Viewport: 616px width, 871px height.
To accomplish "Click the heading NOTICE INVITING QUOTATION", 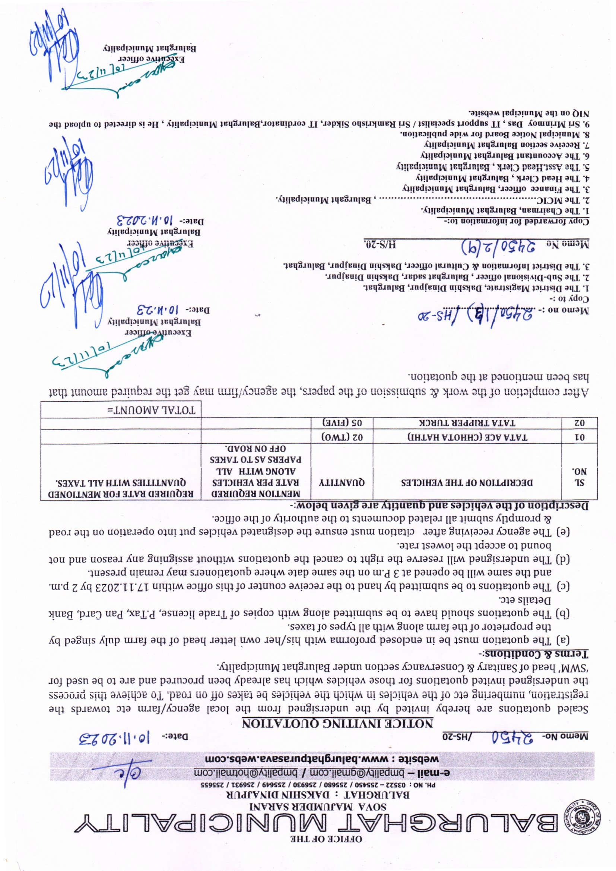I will pos(337,723).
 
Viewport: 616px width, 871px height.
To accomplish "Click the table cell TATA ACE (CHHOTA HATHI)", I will pos(467,437).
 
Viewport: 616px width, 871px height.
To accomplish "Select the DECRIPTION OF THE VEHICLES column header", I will pos(467,482).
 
